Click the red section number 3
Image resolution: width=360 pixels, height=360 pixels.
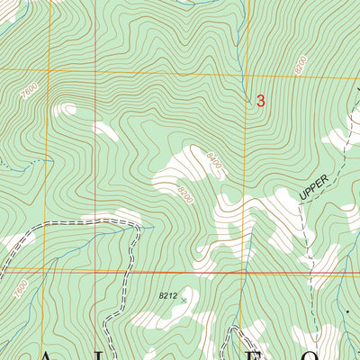click(x=261, y=102)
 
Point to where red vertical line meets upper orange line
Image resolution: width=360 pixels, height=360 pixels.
click(x=243, y=72)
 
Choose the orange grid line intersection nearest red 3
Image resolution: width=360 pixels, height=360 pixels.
click(x=243, y=72)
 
